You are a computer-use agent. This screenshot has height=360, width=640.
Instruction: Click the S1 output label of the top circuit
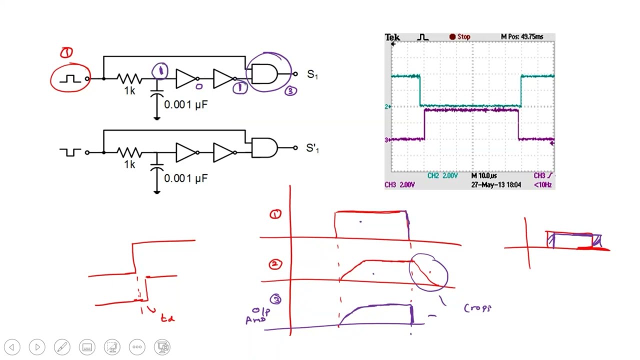[312, 75]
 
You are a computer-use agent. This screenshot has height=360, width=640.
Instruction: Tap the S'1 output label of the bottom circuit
[312, 148]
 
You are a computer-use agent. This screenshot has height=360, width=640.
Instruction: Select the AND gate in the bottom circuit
[264, 148]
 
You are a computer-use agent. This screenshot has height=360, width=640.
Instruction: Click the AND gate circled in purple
[264, 74]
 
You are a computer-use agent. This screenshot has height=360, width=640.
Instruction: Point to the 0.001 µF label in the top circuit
[185, 104]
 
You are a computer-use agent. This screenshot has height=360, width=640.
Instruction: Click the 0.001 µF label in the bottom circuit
[185, 178]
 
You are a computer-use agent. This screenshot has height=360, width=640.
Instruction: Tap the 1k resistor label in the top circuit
[129, 91]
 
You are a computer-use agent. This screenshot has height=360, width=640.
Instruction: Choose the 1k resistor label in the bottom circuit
[129, 164]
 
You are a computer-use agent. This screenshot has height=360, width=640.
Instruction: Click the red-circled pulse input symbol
[70, 79]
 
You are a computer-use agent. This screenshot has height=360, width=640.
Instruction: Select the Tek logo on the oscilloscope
[392, 37]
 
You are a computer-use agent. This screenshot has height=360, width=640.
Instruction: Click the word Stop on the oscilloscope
[463, 37]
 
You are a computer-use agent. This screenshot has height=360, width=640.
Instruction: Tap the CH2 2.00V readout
[442, 176]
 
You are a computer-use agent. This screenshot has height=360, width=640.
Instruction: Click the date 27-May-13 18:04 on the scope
[496, 185]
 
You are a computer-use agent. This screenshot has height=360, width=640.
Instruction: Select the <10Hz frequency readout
[542, 185]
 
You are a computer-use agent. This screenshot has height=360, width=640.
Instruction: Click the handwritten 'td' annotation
[167, 317]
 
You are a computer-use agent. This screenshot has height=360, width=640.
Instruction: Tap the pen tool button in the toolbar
[62, 347]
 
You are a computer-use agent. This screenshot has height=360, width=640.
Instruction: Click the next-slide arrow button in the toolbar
[37, 347]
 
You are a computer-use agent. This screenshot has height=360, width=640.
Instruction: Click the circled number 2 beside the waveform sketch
[275, 264]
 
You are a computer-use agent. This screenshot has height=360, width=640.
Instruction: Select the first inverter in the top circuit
[186, 78]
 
